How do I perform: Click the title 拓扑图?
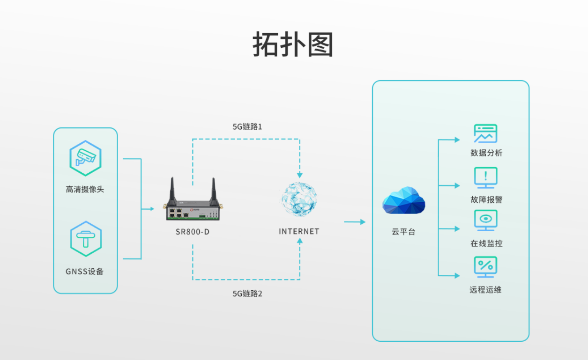click(293, 45)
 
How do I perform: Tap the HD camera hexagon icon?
click(85, 158)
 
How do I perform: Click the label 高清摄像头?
click(85, 190)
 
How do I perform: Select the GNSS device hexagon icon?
click(85, 239)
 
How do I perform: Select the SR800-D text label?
click(192, 231)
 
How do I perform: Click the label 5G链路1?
click(247, 127)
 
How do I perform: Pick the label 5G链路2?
click(247, 294)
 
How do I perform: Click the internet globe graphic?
click(299, 199)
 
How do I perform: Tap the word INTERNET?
click(299, 231)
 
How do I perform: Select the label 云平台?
click(403, 232)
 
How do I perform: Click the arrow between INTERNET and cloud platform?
click(354, 222)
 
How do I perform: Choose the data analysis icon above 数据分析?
click(485, 134)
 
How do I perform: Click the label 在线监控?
click(486, 243)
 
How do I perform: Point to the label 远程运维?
click(485, 290)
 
